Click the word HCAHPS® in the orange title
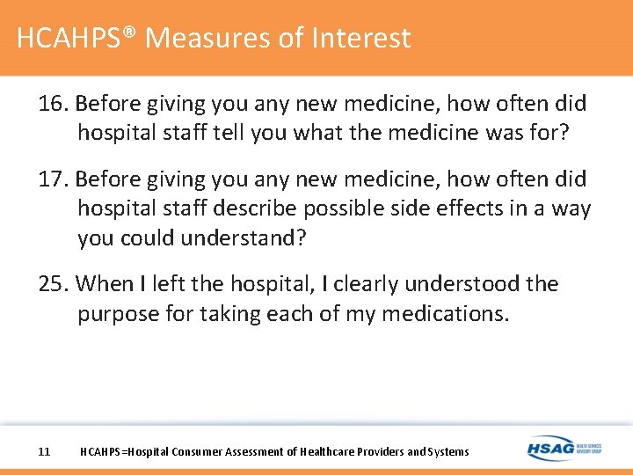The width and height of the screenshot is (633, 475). coord(76,38)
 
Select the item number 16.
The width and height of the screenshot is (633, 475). coord(54,104)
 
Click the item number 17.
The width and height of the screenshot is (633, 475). coord(54,179)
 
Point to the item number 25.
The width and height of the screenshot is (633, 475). coord(54,284)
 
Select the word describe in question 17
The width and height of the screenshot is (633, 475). coord(259,209)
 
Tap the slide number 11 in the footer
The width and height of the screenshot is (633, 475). coord(45,452)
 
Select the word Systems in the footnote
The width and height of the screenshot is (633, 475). coord(447,452)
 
